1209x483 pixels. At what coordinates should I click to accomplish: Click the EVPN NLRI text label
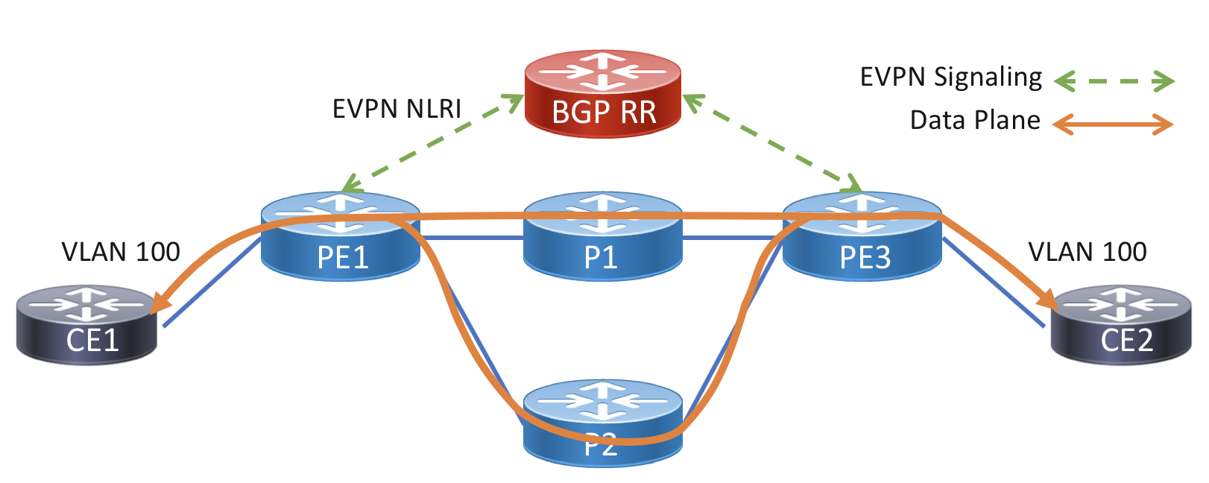tap(397, 109)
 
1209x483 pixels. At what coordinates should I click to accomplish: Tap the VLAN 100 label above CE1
tap(121, 252)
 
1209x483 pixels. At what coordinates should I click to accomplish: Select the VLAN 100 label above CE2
tap(1087, 252)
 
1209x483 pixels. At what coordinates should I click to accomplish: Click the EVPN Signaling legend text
tap(950, 78)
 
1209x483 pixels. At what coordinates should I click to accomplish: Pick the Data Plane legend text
tap(974, 120)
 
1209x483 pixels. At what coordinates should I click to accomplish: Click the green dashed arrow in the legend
tap(1114, 81)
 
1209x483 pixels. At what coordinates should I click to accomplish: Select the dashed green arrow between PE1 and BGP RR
tap(432, 142)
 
